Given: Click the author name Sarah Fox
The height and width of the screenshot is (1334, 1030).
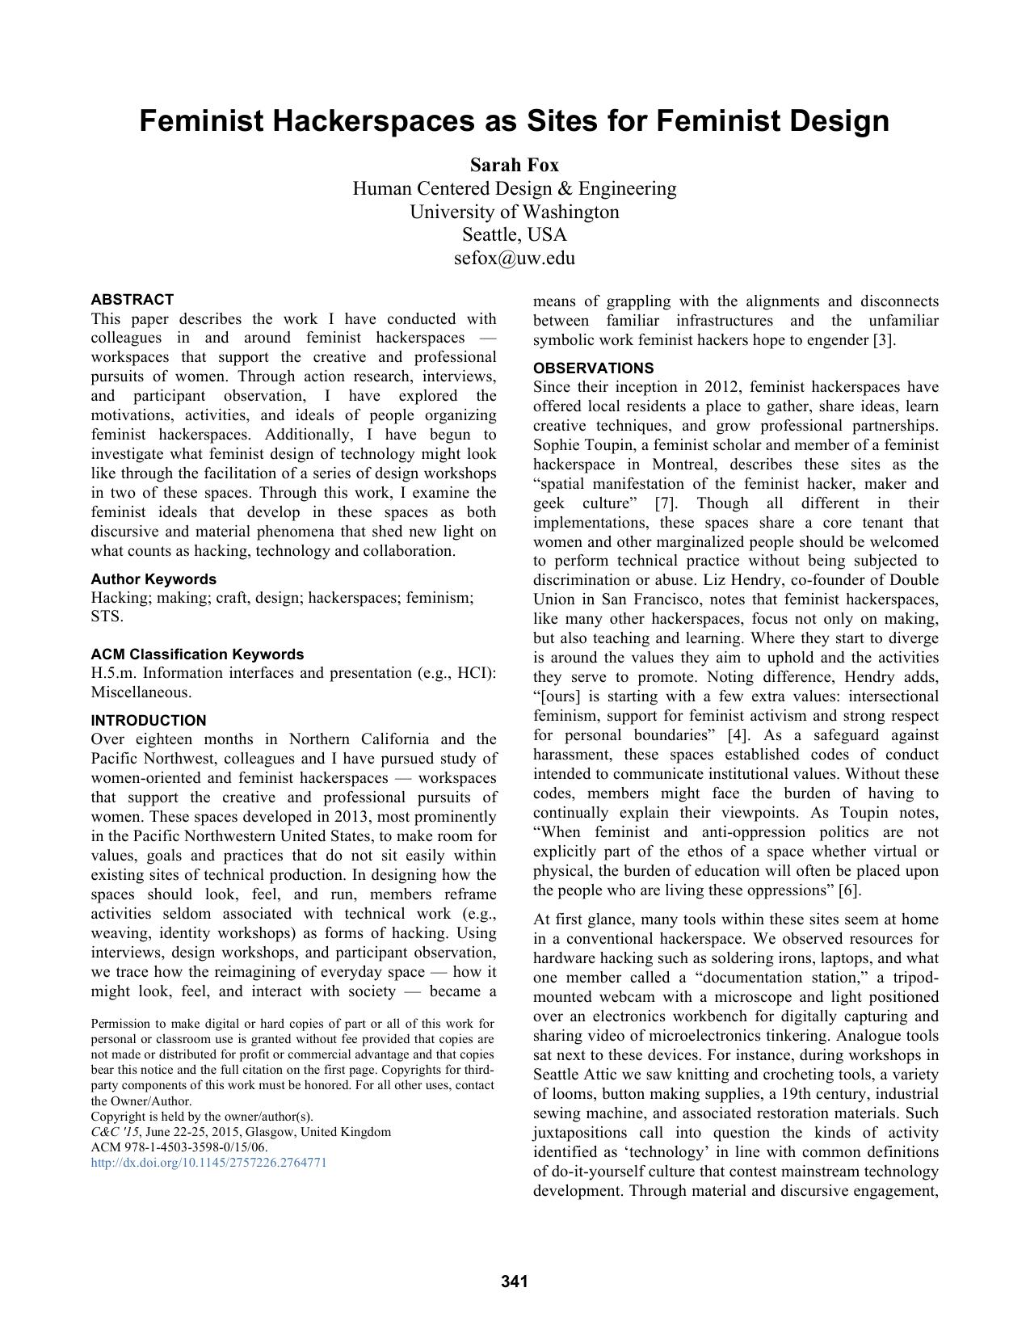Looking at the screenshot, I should [514, 166].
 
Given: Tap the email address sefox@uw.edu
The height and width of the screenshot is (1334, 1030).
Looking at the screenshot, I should [514, 259].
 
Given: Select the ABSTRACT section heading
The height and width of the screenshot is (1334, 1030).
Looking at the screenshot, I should [132, 300].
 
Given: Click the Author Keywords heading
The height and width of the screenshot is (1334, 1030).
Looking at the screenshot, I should [153, 579].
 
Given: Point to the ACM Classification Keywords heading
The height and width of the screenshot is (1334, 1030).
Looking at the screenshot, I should [197, 654].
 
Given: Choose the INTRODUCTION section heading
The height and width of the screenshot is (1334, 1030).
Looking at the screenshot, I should [148, 721].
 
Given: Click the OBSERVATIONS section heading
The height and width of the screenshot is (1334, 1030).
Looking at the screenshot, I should [593, 368].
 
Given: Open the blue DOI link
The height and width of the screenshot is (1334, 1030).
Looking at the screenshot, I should [208, 1163].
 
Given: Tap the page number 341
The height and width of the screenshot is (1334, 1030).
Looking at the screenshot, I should [515, 1281].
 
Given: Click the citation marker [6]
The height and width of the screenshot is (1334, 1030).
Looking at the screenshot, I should [849, 890].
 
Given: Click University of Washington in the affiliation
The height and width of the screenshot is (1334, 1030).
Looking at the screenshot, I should [514, 213].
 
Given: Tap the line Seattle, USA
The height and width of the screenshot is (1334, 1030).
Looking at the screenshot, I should [514, 235].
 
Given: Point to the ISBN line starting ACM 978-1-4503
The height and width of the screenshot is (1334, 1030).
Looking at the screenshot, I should [179, 1147].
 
